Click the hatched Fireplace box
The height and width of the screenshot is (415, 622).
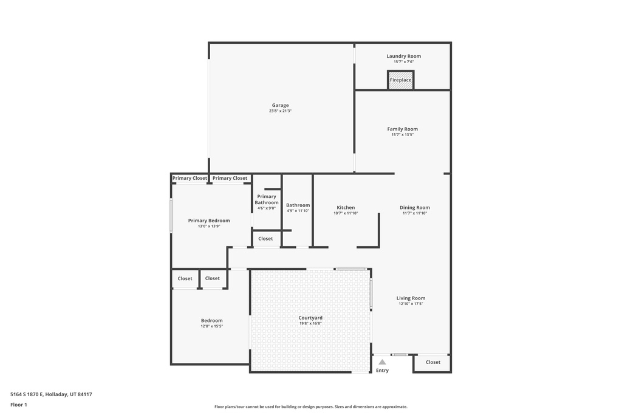pos(400,80)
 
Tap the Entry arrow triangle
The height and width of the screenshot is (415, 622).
pos(382,362)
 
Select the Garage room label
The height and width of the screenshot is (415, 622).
pos(280,105)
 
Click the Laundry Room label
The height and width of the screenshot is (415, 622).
pos(403,56)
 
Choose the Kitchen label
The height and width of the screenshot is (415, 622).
pos(346,208)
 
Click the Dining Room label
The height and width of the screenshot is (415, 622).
pos(415,208)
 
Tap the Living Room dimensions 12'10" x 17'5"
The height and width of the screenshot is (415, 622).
pos(411,304)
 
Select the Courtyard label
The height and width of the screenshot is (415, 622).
pos(310,318)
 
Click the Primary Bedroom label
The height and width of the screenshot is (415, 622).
pos(209,221)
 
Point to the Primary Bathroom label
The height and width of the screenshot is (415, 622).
pos(267,199)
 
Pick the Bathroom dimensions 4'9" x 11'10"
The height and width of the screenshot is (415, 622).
pos(298,211)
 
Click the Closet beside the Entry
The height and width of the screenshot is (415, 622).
pos(433,362)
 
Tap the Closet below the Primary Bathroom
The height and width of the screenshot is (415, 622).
pos(265,239)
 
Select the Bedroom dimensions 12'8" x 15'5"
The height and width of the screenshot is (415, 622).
pos(212,326)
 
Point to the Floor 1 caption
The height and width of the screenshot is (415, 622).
pos(19,404)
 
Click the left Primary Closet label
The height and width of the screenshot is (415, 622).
pos(190,178)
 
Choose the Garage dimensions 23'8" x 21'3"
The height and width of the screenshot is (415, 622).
pos(280,111)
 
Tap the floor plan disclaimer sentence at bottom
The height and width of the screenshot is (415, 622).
pos(310,406)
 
